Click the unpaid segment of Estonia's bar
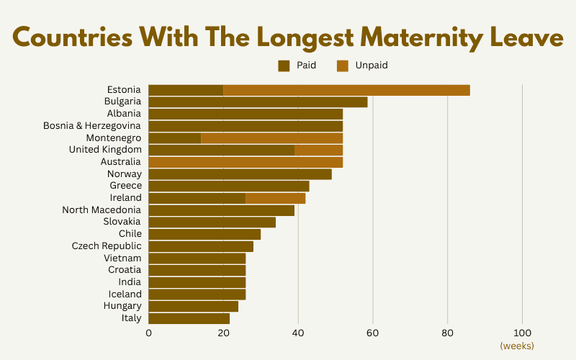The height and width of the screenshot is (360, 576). [346, 90]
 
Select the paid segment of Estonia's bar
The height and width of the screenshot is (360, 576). [186, 90]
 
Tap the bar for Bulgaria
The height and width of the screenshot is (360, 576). [258, 102]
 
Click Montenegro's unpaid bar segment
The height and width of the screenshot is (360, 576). [271, 138]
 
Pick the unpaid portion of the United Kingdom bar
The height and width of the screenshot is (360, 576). [318, 150]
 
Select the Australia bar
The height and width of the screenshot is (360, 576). [246, 162]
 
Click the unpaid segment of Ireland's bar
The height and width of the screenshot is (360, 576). [275, 198]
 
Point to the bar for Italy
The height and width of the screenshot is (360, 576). [189, 318]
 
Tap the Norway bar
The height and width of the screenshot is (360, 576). [240, 174]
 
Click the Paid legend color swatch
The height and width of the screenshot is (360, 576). [284, 66]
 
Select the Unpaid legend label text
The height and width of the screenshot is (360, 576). [372, 66]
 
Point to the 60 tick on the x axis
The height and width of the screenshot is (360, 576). [372, 333]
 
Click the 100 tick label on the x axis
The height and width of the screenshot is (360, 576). [522, 333]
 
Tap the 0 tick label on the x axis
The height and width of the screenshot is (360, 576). [148, 333]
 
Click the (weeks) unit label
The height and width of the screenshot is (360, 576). [517, 346]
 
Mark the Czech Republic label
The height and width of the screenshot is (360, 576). [107, 246]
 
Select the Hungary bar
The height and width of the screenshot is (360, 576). [193, 306]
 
